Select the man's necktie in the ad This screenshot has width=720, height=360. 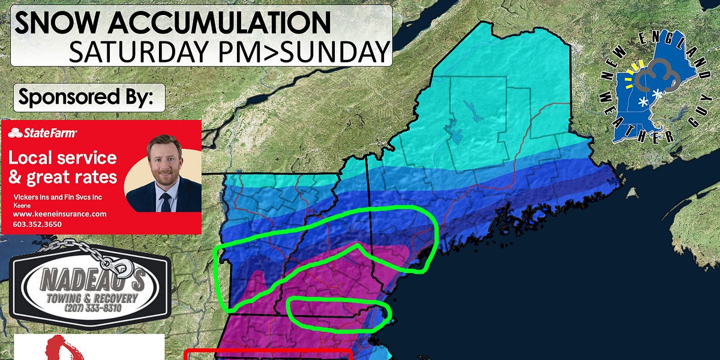(x=165, y=201)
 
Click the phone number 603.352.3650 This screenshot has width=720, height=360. (x=37, y=224)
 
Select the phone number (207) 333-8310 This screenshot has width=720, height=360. (x=90, y=308)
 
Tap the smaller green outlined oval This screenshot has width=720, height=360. (x=340, y=314)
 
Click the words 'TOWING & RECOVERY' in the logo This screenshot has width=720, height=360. (x=90, y=298)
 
